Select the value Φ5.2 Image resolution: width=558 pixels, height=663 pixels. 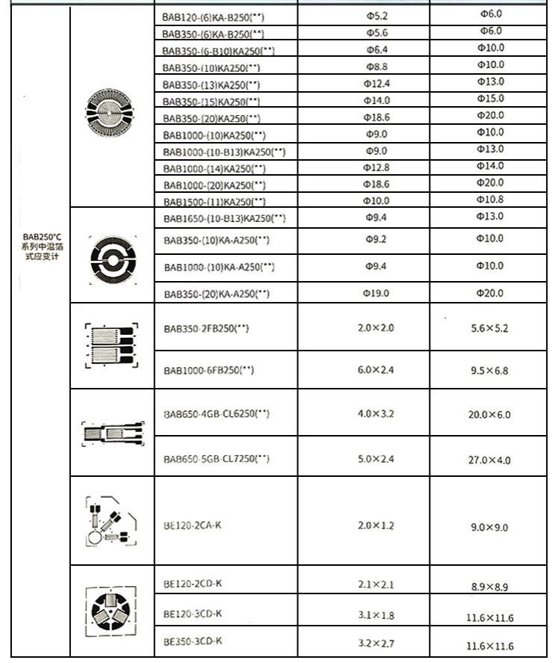[x=376, y=15]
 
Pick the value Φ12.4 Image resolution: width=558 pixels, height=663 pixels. [x=376, y=83]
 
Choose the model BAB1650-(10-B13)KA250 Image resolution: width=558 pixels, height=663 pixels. [x=224, y=218]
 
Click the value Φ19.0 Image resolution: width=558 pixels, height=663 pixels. [x=376, y=293]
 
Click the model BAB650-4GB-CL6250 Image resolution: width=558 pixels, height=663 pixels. [x=217, y=413]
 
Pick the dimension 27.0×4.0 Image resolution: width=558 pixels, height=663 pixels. [x=490, y=460]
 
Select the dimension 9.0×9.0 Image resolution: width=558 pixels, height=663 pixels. [x=490, y=528]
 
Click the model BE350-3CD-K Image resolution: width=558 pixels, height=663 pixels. [x=193, y=641]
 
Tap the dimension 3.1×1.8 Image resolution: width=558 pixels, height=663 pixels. [x=376, y=614]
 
